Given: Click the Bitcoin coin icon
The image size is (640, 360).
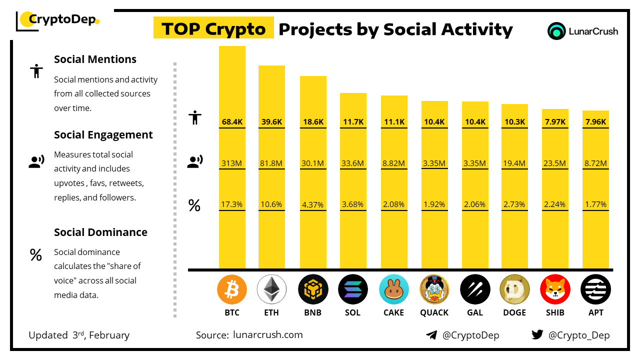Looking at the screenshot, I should click(x=232, y=289).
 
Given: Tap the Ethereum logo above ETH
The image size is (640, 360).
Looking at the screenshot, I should click(x=271, y=289).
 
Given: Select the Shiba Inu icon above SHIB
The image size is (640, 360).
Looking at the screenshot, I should click(x=555, y=289).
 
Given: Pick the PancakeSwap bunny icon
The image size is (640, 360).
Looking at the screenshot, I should click(x=394, y=289).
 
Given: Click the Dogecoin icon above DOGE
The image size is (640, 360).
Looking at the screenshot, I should click(x=514, y=289).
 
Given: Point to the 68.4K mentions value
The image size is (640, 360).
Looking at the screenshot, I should click(x=232, y=121).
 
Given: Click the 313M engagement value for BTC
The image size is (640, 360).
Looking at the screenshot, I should click(x=232, y=163).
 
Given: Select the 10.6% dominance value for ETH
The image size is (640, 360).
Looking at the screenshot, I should click(x=271, y=204).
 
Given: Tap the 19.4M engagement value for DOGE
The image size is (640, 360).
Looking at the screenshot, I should click(x=514, y=163).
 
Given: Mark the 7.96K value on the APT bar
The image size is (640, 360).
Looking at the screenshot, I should click(x=595, y=121).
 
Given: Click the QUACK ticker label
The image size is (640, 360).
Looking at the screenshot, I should click(x=434, y=312).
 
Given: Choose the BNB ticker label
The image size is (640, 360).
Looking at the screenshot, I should click(x=312, y=312).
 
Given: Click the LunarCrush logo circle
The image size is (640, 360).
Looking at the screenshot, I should click(x=556, y=31).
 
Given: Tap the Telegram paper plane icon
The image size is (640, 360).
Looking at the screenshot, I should click(x=431, y=335).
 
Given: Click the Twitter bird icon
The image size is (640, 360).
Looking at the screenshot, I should click(x=537, y=335).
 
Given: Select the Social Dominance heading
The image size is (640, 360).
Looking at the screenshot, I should click(x=100, y=232).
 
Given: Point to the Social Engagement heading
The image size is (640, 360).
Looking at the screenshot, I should click(x=103, y=134).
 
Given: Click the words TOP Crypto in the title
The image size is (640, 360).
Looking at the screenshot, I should click(x=213, y=29).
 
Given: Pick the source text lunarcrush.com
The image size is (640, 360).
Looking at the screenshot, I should click(x=267, y=335).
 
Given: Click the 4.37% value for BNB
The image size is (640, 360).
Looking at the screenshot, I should click(x=312, y=204).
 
